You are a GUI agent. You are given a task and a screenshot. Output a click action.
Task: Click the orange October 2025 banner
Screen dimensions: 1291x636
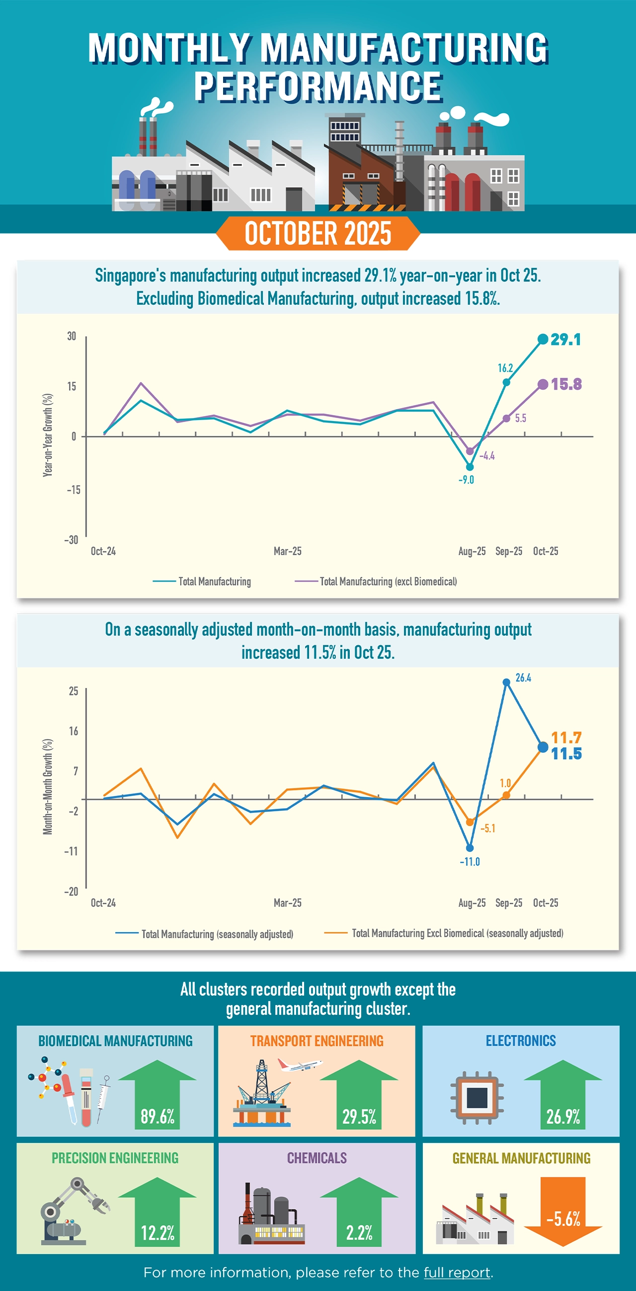pyautogui.click(x=318, y=234)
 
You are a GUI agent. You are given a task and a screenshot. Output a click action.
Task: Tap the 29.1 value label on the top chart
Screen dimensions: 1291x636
pyautogui.click(x=565, y=340)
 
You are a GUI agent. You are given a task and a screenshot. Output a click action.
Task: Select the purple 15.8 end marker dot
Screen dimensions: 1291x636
pyautogui.click(x=543, y=384)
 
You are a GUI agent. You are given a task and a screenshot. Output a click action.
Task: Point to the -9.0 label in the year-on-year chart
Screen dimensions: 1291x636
pyautogui.click(x=466, y=480)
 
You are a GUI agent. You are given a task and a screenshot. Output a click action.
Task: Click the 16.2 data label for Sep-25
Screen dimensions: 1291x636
pyautogui.click(x=505, y=368)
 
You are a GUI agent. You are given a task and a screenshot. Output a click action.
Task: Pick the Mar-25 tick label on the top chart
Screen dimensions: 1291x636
pyautogui.click(x=288, y=551)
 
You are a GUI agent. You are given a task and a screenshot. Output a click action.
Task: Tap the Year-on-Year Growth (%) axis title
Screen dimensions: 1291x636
pyautogui.click(x=48, y=434)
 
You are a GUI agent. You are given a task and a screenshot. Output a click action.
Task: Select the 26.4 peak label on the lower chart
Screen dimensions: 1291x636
pyautogui.click(x=523, y=678)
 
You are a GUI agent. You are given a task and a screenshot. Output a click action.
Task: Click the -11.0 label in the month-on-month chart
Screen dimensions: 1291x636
pyautogui.click(x=469, y=861)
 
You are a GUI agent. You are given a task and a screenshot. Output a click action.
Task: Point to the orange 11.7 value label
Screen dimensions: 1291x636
pyautogui.click(x=566, y=738)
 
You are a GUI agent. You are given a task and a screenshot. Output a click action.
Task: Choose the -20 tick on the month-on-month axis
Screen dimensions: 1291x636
pyautogui.click(x=71, y=891)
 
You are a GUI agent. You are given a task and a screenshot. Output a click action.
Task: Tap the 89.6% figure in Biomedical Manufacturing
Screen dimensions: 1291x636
pyautogui.click(x=157, y=1117)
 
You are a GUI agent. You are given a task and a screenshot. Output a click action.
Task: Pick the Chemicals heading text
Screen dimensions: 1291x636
pyautogui.click(x=317, y=1158)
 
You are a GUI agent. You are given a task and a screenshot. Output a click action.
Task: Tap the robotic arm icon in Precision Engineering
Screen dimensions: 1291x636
pyautogui.click(x=73, y=1210)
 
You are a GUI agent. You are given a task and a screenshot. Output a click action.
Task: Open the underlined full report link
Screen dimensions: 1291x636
pyautogui.click(x=457, y=1273)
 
